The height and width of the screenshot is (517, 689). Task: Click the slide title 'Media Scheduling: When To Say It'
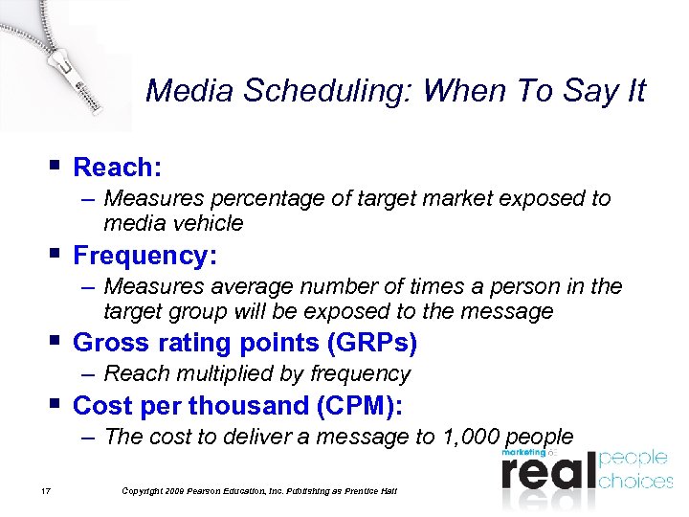point(395,91)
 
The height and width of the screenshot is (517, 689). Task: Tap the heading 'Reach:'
point(117,168)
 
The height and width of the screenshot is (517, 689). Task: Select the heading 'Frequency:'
point(145,256)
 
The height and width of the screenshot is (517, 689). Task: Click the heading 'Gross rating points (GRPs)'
point(245,343)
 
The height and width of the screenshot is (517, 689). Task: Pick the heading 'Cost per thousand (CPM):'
point(238,406)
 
